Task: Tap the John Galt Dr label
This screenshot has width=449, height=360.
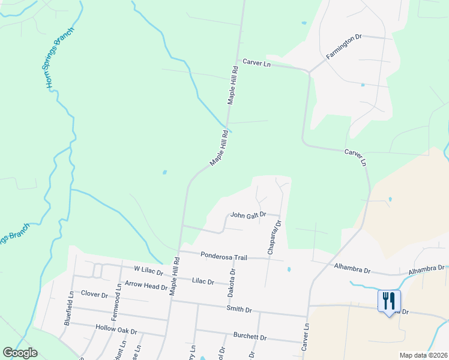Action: point(248,215)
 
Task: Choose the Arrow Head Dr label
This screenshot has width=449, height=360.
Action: point(146,286)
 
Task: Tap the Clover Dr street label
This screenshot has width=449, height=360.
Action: point(94,295)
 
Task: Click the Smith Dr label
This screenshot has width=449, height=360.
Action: point(239,310)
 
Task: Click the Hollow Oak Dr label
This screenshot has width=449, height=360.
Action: point(116,330)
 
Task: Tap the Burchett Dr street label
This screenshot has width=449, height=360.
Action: point(250,337)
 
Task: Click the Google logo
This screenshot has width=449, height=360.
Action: point(20,353)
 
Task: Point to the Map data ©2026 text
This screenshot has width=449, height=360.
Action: point(423,355)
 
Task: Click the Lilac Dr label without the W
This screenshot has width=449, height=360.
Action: point(203,281)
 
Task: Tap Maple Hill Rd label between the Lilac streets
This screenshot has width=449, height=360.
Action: point(174,276)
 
